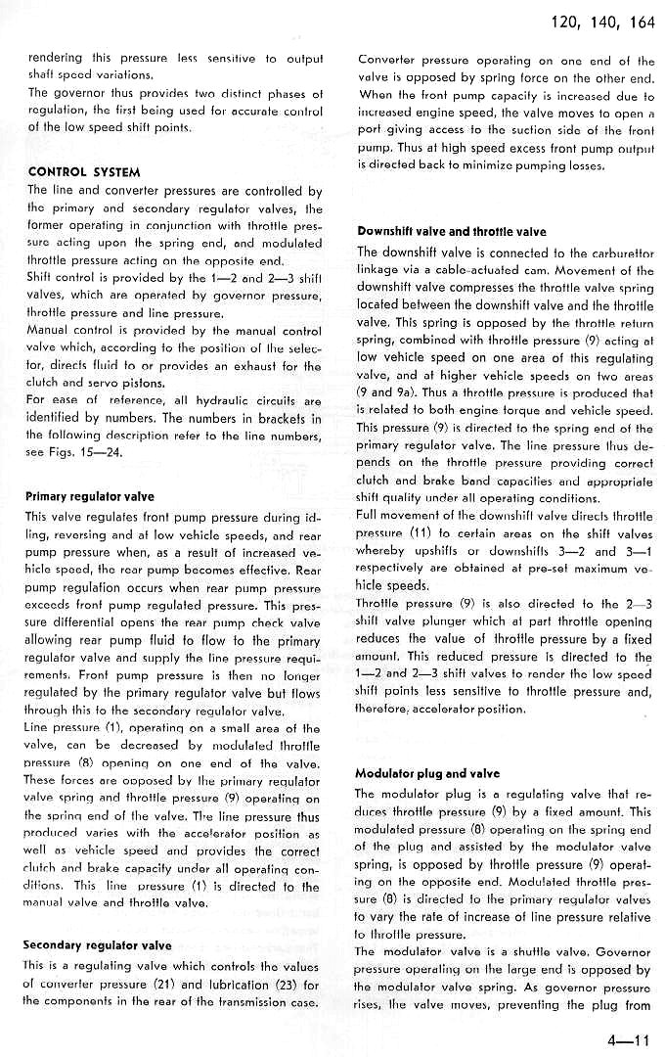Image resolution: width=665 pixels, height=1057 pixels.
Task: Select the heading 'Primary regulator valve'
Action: click(x=89, y=496)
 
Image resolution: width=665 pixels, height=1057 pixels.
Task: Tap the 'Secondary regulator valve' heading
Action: click(x=97, y=945)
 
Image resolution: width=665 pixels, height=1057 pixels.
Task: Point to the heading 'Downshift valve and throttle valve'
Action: click(x=451, y=232)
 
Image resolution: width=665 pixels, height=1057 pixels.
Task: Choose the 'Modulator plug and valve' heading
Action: click(x=427, y=773)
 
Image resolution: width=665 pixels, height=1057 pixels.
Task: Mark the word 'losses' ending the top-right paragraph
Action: click(x=584, y=166)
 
